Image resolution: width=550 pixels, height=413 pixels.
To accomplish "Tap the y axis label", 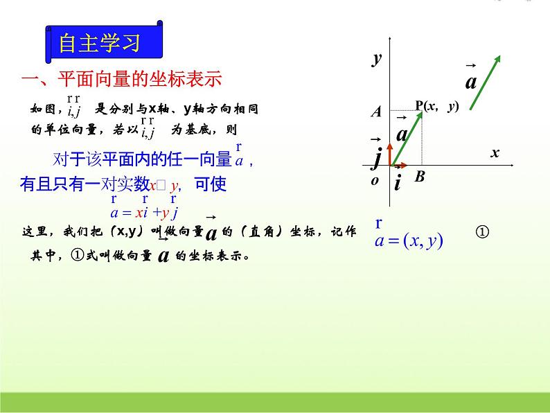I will click(x=377, y=59).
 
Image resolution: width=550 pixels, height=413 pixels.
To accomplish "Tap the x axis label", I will click(x=495, y=153).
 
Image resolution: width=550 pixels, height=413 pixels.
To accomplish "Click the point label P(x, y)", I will click(x=437, y=106).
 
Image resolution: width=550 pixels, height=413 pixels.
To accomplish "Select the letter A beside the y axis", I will click(x=376, y=112).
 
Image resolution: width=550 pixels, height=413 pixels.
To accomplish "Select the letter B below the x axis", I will click(x=419, y=177).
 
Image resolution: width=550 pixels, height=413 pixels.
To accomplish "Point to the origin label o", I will click(x=375, y=180).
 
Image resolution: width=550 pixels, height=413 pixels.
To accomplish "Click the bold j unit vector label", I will click(x=377, y=158).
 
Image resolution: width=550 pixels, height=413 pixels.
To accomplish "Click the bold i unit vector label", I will click(x=398, y=183).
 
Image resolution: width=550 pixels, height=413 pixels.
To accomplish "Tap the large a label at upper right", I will click(x=471, y=82).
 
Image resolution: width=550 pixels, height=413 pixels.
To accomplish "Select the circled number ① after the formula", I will click(x=484, y=232).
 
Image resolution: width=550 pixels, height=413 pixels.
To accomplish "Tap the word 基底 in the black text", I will click(x=186, y=128).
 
